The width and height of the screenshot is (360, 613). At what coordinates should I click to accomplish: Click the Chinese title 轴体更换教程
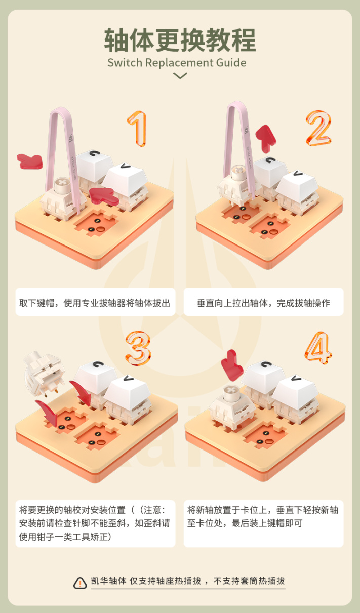[180, 40]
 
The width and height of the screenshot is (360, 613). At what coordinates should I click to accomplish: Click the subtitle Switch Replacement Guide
[177, 63]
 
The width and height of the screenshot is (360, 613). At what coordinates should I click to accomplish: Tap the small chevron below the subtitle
[180, 75]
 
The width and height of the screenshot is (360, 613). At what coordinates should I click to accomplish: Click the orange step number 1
[137, 128]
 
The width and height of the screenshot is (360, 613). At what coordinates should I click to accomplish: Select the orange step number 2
[318, 128]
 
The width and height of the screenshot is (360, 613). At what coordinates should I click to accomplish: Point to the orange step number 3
[138, 348]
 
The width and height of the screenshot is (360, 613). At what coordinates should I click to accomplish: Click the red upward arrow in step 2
[265, 138]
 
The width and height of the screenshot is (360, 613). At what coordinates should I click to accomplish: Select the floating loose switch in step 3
[45, 373]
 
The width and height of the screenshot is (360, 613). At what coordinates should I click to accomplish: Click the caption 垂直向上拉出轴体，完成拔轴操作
[263, 303]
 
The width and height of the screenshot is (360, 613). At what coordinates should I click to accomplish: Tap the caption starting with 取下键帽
[95, 303]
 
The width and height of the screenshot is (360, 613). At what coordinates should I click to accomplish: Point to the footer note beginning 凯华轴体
[188, 581]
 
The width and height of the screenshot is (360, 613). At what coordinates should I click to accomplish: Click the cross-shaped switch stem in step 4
[231, 393]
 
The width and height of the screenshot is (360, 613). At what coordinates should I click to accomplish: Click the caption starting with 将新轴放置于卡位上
[263, 516]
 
